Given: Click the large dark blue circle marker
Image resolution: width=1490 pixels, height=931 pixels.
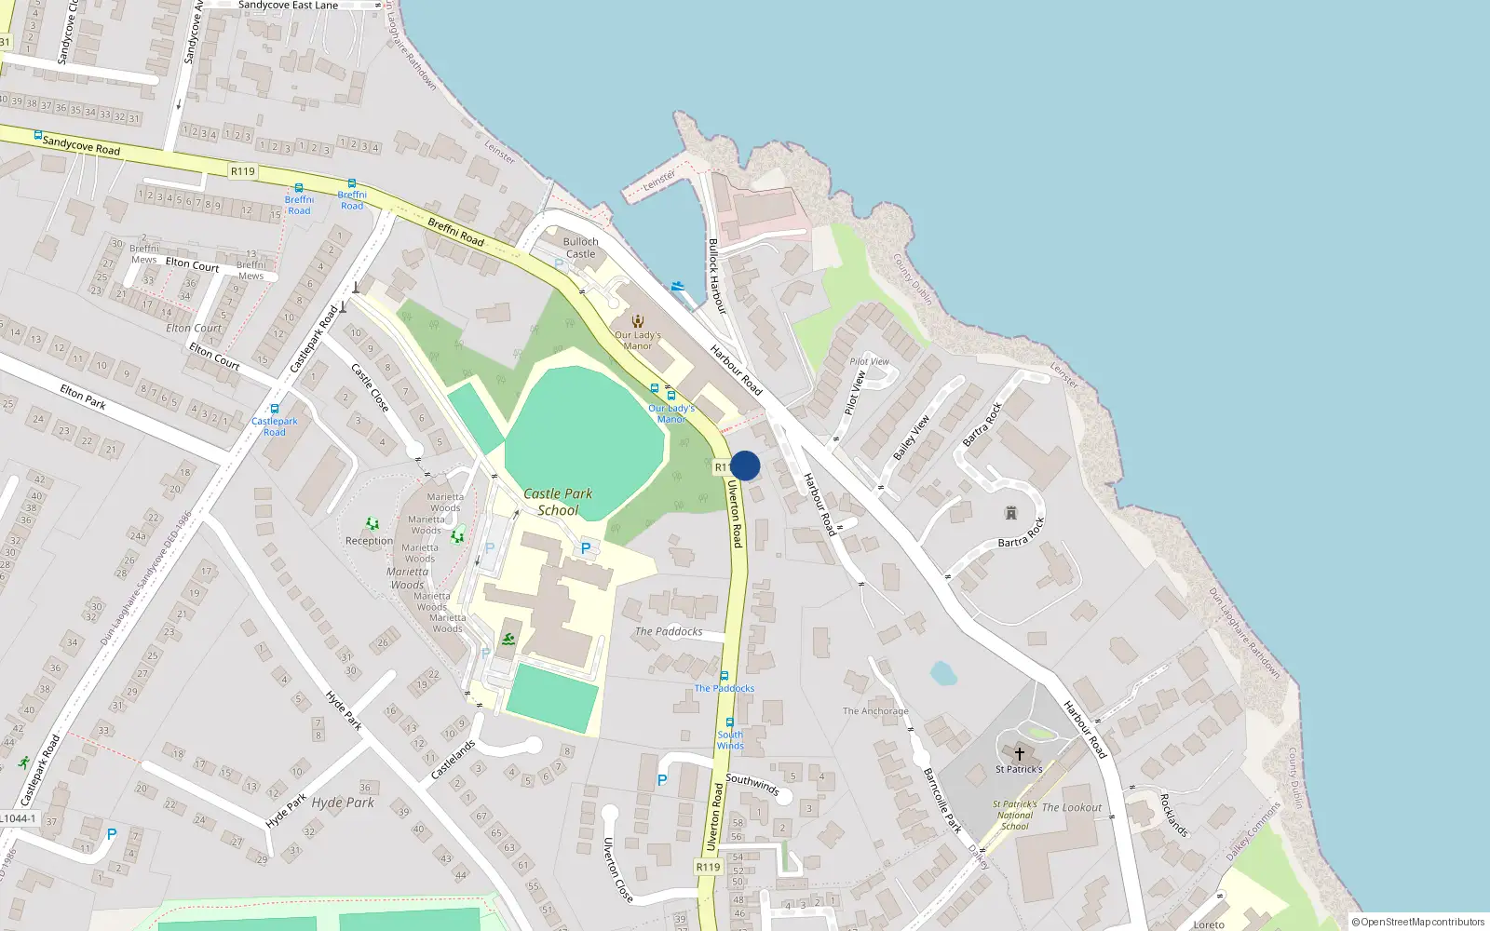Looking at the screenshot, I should [x=745, y=465].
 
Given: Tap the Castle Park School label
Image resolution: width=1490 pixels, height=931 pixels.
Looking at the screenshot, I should [x=558, y=502].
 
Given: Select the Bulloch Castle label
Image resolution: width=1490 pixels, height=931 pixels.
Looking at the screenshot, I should [x=580, y=248].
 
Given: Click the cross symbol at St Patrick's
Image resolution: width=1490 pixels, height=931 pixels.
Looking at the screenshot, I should [x=1019, y=753].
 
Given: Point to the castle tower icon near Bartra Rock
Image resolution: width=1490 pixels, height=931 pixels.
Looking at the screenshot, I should [x=1010, y=513].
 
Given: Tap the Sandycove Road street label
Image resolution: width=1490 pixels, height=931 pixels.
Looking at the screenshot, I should [x=81, y=145].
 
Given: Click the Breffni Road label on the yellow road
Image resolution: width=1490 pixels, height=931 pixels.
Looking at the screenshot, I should [x=455, y=232].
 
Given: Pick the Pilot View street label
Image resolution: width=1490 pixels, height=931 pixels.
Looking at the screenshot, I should [x=855, y=393].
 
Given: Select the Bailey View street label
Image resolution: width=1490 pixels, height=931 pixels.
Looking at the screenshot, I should [x=912, y=438].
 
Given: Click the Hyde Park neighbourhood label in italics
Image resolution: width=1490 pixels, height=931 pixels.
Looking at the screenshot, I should [x=343, y=803].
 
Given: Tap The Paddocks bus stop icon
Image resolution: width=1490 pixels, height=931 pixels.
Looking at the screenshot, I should [x=724, y=676].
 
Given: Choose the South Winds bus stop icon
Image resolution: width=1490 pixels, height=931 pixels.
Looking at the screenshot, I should [x=729, y=722].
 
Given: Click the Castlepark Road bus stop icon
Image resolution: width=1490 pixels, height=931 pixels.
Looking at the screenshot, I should [x=274, y=409].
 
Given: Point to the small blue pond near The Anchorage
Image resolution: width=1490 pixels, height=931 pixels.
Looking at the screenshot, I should [x=943, y=673].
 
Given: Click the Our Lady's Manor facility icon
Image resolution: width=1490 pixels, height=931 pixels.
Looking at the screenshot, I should [x=638, y=321].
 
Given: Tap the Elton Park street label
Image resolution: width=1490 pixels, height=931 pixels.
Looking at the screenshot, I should [x=83, y=397].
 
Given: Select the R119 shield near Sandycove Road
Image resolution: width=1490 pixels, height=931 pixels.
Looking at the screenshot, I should [x=242, y=171].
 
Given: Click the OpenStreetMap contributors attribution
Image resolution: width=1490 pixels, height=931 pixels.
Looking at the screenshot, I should [x=1418, y=922].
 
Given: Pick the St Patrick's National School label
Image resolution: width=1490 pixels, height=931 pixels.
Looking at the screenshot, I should [x=1014, y=815].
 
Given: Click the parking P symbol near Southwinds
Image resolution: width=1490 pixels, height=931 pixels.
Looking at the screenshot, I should [x=662, y=780].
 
